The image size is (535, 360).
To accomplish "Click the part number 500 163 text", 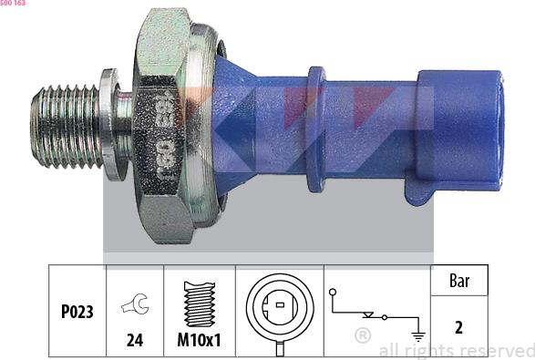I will point(14,4).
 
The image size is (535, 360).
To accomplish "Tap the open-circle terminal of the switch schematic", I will point(334,292).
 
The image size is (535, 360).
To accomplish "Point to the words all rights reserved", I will point(456,349).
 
